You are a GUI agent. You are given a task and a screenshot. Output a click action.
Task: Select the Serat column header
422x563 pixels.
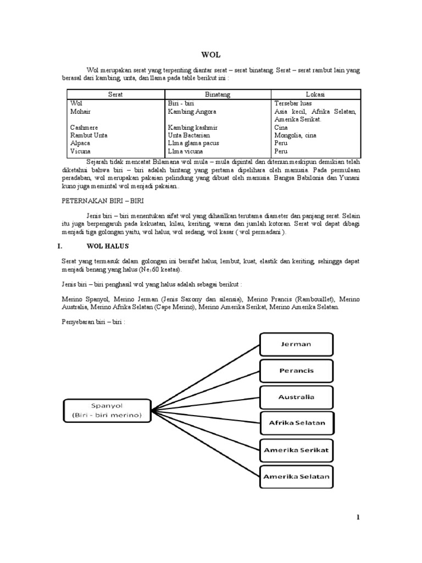(115, 95)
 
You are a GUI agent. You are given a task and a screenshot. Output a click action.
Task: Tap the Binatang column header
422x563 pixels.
(218, 95)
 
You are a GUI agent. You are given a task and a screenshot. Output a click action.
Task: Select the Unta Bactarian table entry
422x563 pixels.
(189, 135)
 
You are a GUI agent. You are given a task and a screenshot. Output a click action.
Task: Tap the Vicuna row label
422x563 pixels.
(80, 151)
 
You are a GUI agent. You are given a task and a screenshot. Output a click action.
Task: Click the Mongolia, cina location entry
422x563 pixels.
(297, 135)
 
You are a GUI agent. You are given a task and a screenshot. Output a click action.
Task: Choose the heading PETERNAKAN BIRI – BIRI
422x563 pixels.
(102, 201)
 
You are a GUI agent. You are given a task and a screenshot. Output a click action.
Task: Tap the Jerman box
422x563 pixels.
(296, 344)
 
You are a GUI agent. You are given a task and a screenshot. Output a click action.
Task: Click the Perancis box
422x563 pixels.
(296, 371)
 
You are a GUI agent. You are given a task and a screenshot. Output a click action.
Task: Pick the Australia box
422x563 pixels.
(296, 396)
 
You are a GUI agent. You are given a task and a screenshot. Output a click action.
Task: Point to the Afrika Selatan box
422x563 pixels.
(297, 423)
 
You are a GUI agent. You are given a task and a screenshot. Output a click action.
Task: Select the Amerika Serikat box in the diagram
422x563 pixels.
(297, 449)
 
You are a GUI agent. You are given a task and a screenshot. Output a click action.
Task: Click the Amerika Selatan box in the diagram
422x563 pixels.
(297, 476)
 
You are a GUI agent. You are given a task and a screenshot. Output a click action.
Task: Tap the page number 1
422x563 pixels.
(358, 517)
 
